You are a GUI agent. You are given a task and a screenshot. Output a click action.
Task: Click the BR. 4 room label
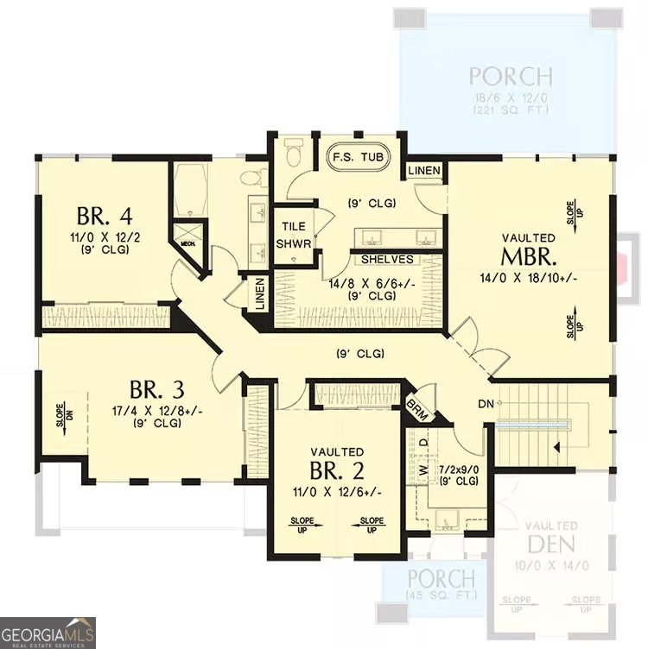pos(103,214)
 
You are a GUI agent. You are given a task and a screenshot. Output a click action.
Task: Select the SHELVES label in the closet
pos(387,259)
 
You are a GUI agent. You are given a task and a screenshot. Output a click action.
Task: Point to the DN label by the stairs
pos(484,404)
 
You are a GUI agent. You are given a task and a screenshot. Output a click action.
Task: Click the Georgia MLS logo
pos(48,632)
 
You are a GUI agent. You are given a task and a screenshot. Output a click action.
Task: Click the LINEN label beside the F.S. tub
pos(424,171)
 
